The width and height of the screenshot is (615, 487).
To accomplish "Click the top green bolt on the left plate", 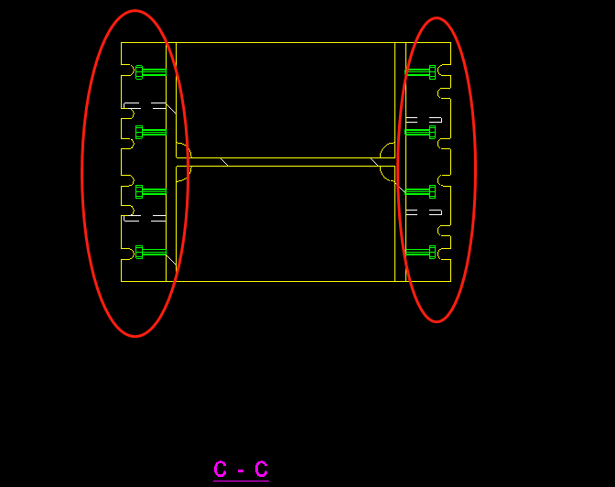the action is pos(151,72).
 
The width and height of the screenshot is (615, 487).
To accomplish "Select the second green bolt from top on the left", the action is pos(151,132).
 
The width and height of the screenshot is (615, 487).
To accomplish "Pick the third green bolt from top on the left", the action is pos(151,192).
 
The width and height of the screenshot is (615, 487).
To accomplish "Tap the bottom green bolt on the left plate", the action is pos(151,252).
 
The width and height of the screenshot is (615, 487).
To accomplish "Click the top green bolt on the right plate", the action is pos(420,72).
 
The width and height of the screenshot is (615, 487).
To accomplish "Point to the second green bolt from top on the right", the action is pos(420,132).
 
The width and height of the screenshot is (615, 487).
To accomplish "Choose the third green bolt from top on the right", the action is pos(420,192).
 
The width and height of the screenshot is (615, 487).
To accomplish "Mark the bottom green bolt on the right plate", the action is pos(420,252).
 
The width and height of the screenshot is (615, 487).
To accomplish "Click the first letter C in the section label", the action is pos(220,469).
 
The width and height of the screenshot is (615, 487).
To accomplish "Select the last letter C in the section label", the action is pos(261,469).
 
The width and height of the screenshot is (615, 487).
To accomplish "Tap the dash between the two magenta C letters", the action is pos(241,471).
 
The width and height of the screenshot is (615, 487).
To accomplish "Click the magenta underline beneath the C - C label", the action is pos(242,481).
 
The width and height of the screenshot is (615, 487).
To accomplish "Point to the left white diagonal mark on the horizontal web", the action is pos(224,162).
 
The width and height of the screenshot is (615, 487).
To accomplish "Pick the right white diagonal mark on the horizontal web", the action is pos(374,162).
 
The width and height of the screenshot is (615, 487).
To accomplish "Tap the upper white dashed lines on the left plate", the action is pos(145,105).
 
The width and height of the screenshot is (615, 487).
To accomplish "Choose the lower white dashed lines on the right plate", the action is pos(424,212).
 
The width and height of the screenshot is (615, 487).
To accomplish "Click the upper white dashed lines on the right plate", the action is pos(424,120).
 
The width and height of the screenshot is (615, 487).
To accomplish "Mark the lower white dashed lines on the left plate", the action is pos(145,218).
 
